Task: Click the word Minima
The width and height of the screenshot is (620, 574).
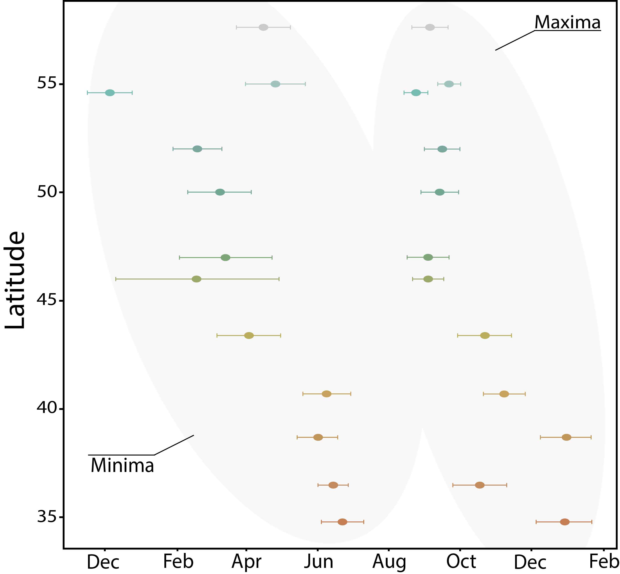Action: tap(122, 466)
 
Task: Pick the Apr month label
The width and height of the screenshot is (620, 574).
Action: tap(246, 561)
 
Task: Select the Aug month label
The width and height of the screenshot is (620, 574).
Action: tap(389, 561)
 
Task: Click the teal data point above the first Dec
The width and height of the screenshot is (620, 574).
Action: tap(110, 93)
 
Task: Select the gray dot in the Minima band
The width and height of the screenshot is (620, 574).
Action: tap(263, 27)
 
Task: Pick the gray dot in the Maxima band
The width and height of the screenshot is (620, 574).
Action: tap(430, 27)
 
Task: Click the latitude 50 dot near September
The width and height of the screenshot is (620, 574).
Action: tap(440, 192)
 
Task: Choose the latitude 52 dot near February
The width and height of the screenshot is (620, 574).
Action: tap(197, 149)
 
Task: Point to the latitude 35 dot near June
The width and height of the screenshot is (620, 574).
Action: tap(342, 522)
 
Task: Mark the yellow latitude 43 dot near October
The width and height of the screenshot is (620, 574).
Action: tap(485, 335)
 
